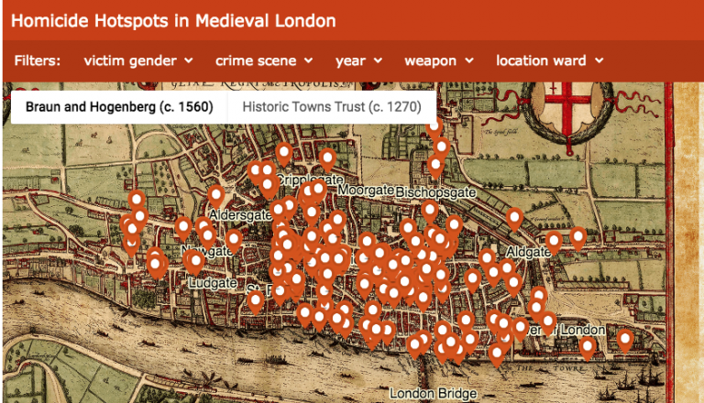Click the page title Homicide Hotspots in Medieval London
[173, 20]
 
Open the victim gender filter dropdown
[137, 60]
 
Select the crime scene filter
[264, 60]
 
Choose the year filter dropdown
[358, 60]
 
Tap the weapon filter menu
[438, 60]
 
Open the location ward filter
[549, 60]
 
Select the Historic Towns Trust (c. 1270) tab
[332, 107]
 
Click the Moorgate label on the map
[365, 190]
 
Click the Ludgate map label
[212, 284]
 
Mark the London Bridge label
[433, 394]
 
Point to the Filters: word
[38, 60]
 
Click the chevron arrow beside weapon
[469, 60]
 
